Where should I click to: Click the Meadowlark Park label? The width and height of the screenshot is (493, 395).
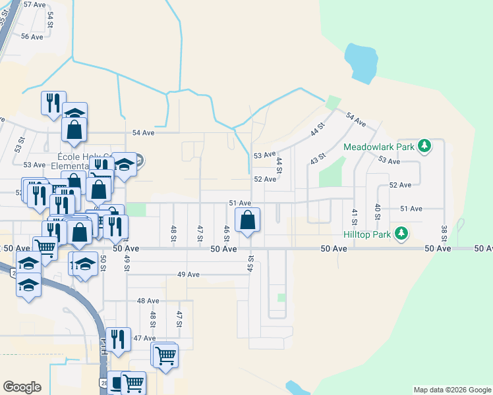379,146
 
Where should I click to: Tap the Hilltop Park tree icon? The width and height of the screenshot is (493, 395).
401,233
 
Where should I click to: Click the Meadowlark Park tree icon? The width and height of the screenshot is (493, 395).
425,145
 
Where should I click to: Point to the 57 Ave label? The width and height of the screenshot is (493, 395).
34,4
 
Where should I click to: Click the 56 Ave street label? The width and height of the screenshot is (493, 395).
32,37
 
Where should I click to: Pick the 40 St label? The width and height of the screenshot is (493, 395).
378,212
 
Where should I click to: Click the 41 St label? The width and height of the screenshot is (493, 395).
354,216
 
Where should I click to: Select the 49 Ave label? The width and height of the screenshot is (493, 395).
188,274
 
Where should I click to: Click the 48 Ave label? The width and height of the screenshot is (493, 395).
148,300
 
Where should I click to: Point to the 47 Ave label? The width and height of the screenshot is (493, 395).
144,338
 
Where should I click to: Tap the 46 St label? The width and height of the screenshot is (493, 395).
227,233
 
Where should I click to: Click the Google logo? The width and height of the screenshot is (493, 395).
22,387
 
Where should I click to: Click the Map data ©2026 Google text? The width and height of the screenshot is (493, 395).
451,390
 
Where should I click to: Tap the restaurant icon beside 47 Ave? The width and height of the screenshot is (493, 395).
117,339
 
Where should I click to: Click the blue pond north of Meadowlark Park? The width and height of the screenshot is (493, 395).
361,61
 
